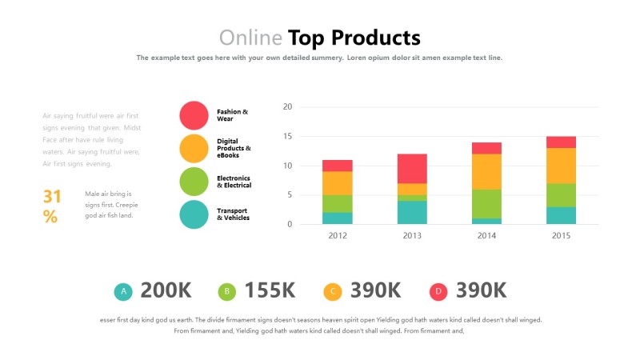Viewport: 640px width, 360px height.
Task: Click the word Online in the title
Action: pos(250,38)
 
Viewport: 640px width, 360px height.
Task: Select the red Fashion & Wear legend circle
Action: pos(194,115)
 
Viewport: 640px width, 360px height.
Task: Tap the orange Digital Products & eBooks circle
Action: pos(194,148)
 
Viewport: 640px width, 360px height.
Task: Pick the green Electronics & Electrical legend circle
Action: pos(194,182)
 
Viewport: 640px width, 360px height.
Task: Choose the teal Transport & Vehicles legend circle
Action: pos(194,214)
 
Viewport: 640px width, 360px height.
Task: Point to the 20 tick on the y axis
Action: pos(288,106)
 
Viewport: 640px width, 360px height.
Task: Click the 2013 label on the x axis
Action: pos(412,235)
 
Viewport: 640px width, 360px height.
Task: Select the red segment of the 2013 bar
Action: pos(412,168)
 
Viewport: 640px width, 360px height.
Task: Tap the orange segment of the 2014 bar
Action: pos(486,171)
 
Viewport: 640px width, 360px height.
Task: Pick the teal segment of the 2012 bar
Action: pos(338,218)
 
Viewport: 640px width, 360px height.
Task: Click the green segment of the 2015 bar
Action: pos(561,194)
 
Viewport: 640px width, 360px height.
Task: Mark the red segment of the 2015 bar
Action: pos(561,142)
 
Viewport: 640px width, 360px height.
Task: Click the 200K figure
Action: pos(166,291)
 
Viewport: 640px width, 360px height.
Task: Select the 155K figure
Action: pos(270,291)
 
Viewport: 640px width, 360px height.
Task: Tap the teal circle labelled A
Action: pos(123,292)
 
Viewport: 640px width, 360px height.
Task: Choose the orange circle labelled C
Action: pos(333,292)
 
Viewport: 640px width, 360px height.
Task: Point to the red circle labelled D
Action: pos(438,292)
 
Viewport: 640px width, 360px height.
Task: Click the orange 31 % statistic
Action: pos(51,206)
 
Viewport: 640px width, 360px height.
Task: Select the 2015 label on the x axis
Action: pos(561,235)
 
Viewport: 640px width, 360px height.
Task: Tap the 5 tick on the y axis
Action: pos(290,194)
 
